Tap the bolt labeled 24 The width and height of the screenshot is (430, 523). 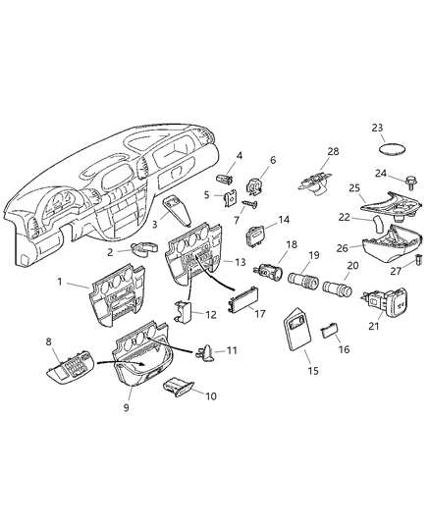point(401,181)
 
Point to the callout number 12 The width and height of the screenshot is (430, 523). point(212,314)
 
